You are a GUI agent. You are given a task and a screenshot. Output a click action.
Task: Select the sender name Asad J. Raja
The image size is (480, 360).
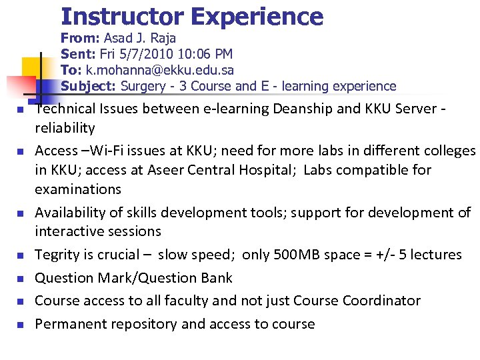click(139, 38)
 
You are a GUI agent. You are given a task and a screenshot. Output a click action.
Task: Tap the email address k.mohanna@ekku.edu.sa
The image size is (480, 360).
click(160, 70)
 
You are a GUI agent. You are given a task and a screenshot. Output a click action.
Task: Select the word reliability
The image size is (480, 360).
click(65, 128)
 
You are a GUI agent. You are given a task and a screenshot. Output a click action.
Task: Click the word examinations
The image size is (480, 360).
click(77, 189)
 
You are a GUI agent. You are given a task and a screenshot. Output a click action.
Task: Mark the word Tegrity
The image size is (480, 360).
click(58, 255)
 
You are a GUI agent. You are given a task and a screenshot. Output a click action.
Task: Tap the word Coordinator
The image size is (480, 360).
click(381, 301)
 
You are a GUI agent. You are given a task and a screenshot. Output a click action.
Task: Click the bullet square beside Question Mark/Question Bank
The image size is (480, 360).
click(21, 279)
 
